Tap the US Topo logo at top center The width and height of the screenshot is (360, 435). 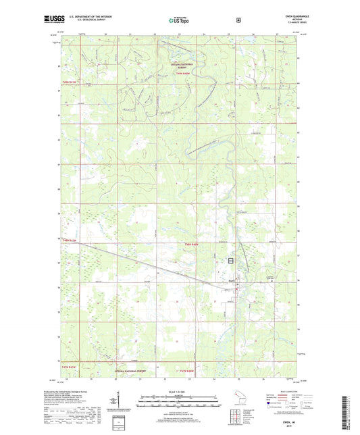point(180,20)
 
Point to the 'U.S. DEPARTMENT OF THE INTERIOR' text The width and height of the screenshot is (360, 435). point(85,18)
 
